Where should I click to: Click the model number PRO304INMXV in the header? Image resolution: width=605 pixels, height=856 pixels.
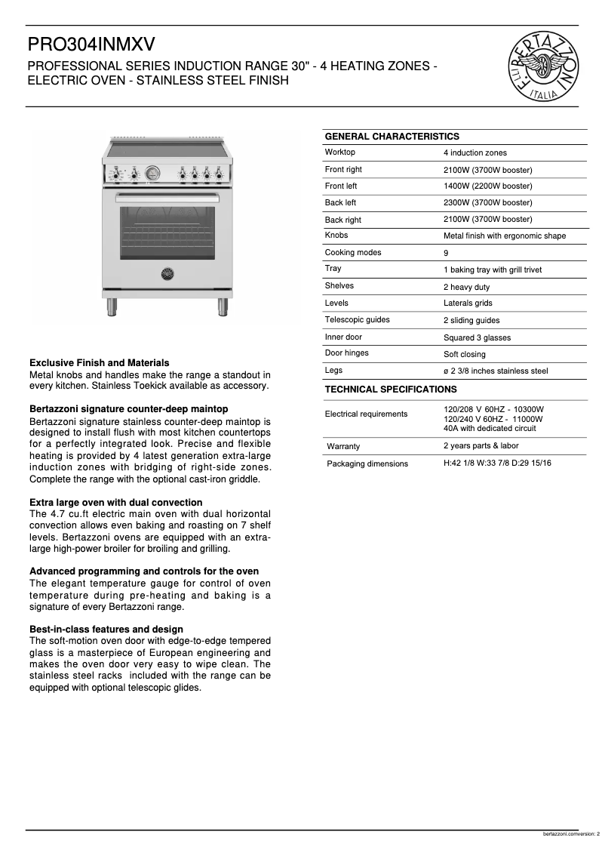[x=91, y=46]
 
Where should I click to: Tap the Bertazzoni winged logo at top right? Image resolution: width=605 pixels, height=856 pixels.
[x=542, y=65]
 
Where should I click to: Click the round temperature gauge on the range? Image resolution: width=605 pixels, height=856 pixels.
[x=152, y=174]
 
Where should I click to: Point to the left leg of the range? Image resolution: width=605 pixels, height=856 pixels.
[x=112, y=306]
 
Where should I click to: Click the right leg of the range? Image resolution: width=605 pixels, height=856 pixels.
[x=223, y=306]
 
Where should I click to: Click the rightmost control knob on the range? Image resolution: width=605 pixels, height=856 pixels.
[x=220, y=174]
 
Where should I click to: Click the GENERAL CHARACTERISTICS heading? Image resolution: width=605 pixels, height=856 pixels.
[x=392, y=137]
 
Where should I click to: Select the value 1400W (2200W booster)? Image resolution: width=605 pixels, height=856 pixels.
[x=487, y=186]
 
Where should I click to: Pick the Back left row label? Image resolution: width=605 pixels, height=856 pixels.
[x=340, y=202]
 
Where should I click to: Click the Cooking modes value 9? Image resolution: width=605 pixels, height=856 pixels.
[x=446, y=253]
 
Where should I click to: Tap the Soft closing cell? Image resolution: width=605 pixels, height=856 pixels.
[x=464, y=354]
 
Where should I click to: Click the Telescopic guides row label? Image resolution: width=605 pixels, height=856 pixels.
[x=357, y=319]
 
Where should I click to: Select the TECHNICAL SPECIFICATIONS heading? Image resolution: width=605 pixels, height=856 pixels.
[x=390, y=390]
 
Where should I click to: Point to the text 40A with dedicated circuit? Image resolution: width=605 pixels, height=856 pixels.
[x=490, y=428]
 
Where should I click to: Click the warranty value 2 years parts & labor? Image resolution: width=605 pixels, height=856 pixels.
[x=481, y=445]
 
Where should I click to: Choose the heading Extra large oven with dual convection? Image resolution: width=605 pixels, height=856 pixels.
[x=115, y=502]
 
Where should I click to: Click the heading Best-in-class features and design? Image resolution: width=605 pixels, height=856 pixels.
[x=106, y=629]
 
